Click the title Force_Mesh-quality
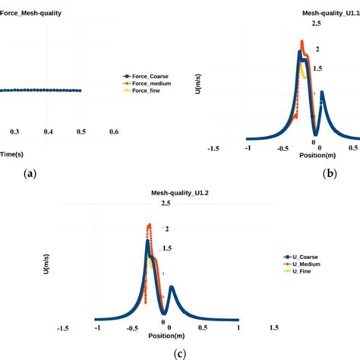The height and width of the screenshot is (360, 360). pyautogui.click(x=31, y=13)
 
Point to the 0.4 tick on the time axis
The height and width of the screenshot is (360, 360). pyautogui.click(x=48, y=132)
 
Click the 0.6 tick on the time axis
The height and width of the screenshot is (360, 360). pyautogui.click(x=113, y=132)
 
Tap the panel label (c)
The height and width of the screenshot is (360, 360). pyautogui.click(x=178, y=352)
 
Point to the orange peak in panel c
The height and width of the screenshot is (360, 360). pyautogui.click(x=150, y=226)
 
